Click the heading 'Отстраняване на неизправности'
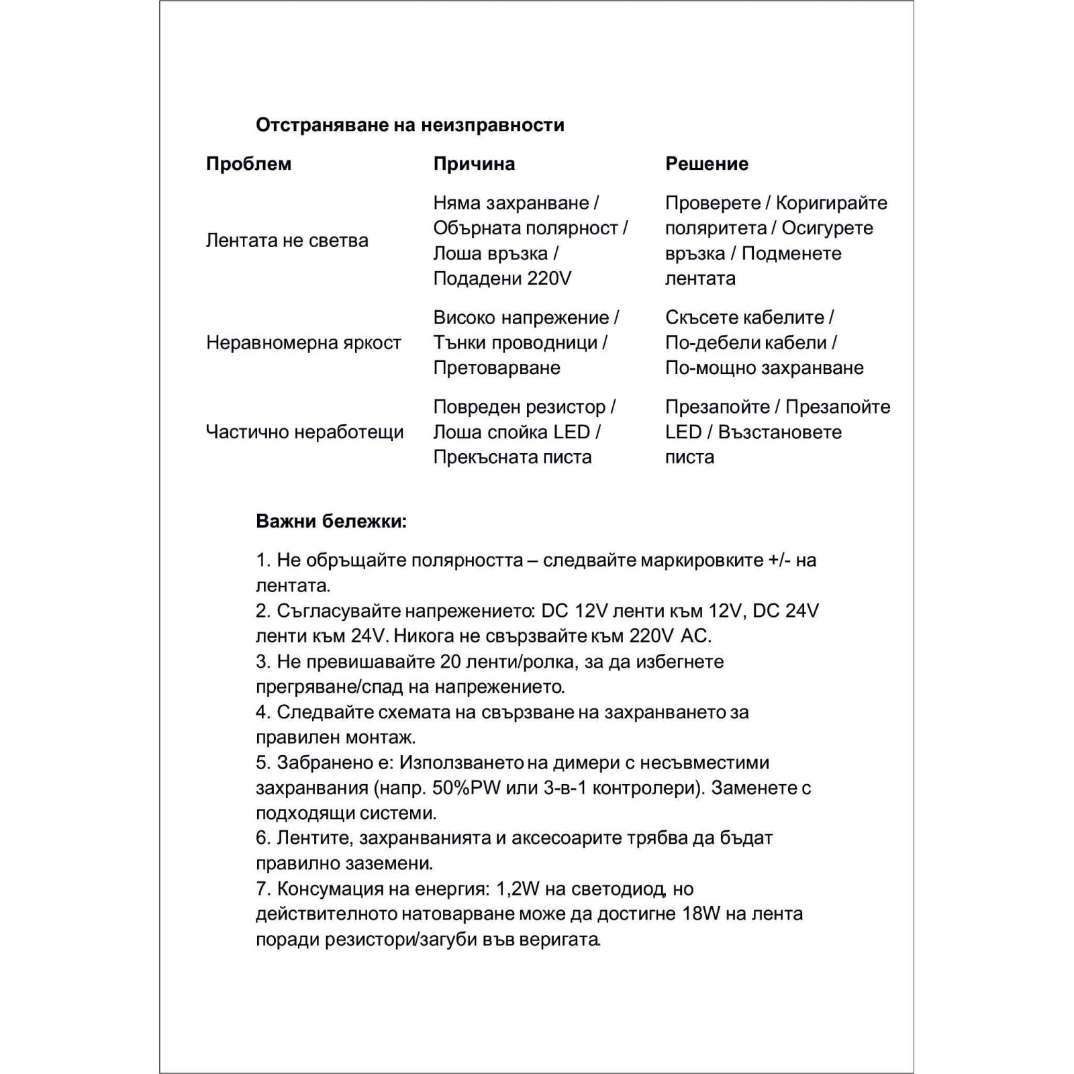(x=409, y=125)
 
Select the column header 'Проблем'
(x=248, y=164)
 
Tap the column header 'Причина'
(x=474, y=164)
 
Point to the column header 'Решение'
(x=706, y=164)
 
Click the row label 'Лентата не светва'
(x=287, y=240)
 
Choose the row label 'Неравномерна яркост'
(x=303, y=342)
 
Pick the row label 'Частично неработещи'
(x=305, y=432)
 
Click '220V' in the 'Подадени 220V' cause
(x=548, y=279)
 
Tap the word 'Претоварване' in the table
(x=497, y=368)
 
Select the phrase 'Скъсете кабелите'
(x=744, y=318)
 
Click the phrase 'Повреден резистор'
(x=519, y=407)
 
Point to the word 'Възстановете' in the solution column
(x=779, y=432)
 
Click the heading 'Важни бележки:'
(x=331, y=522)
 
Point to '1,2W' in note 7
(x=518, y=889)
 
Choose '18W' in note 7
(x=705, y=914)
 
